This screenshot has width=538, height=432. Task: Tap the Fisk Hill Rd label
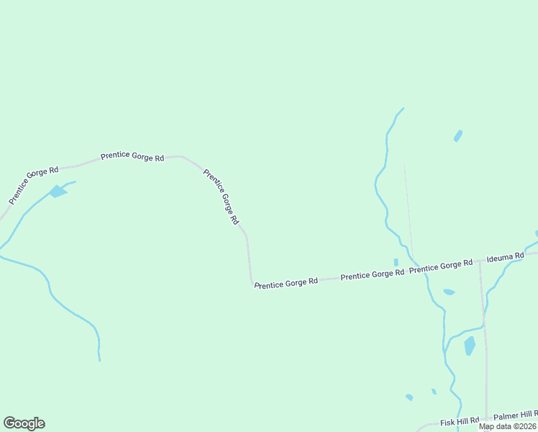460,420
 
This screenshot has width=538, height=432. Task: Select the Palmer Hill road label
515,415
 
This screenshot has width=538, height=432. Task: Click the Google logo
24,423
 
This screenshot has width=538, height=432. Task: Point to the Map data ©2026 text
508,426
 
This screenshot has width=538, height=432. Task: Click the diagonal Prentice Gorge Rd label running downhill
221,197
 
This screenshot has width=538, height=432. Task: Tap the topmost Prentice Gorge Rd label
132,156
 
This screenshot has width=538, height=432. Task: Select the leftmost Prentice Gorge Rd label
33,184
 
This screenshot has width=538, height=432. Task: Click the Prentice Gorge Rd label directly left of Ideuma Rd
441,266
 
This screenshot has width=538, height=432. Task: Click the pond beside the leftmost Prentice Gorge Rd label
58,192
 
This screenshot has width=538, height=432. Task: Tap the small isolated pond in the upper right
457,135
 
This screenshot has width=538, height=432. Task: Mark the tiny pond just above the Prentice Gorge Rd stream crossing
396,262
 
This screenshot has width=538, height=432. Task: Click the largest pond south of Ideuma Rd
470,346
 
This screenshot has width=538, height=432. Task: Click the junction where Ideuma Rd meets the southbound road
480,262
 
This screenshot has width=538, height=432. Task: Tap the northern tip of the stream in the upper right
403,109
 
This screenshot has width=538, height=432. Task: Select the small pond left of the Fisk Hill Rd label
409,397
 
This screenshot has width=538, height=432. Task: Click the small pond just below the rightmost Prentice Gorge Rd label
449,292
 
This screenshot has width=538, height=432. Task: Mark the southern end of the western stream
100,359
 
